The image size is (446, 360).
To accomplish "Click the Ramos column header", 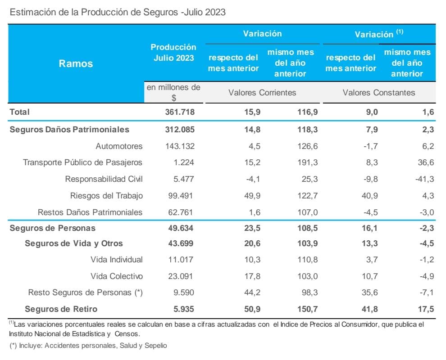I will click(76, 63).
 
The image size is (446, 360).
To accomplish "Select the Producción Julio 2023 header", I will click(173, 52).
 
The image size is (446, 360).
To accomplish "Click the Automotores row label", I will click(119, 146).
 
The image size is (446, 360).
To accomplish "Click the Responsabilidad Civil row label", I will click(104, 179).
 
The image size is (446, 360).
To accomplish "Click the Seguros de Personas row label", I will click(52, 228).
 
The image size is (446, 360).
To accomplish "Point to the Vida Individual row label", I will click(116, 260).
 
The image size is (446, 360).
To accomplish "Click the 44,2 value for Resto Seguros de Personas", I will click(250, 292).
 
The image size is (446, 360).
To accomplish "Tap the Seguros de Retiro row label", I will click(61, 309).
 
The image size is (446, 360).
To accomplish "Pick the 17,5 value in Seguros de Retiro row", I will click(426, 309).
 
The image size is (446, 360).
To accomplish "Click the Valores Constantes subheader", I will click(379, 93).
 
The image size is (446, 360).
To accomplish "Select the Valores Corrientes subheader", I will click(262, 93).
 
